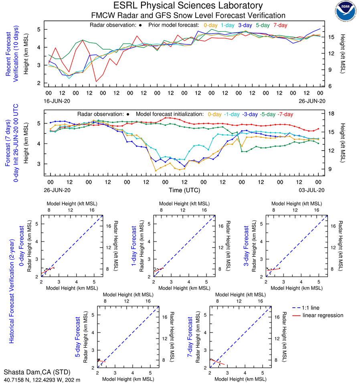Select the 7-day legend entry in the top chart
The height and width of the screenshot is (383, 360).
(280, 25)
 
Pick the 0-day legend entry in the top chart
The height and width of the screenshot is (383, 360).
(211, 25)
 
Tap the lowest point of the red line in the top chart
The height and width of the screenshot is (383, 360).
(96, 82)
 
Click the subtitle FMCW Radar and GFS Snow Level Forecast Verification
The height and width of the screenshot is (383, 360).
(182, 16)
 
